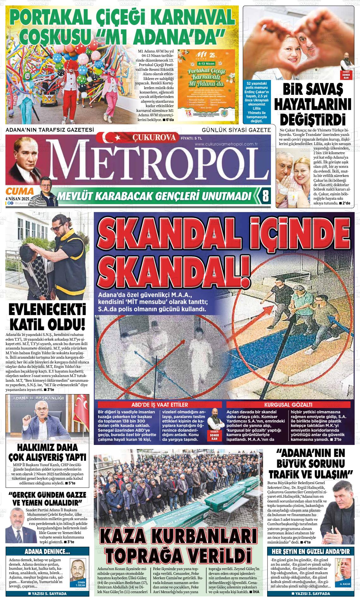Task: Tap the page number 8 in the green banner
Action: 266,197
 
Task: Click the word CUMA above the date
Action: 20,192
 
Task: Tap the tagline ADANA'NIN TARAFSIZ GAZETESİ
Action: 50,130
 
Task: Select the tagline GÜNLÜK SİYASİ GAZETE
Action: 236,130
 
